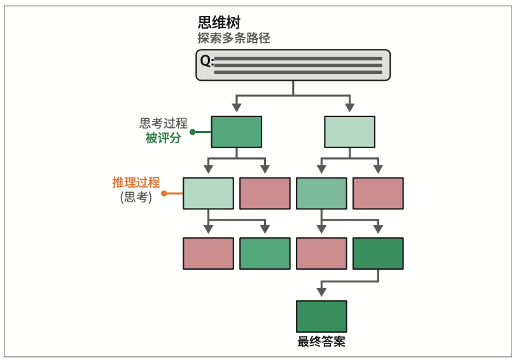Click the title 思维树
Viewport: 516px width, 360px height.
pos(220,22)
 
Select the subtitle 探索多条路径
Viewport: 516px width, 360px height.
pos(234,38)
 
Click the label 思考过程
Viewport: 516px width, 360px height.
pos(164,123)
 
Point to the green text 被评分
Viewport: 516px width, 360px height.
pos(163,138)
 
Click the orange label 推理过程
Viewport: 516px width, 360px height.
pos(136,183)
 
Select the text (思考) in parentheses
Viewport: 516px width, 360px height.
pos(136,197)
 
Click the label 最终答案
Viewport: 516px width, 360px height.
pos(321,342)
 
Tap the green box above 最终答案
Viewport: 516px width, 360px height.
pos(321,316)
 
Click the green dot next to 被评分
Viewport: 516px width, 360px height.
pos(192,132)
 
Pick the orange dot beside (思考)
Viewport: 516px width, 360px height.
pos(164,193)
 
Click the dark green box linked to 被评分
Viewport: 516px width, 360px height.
pos(236,132)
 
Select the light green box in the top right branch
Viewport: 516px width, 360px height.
pos(349,132)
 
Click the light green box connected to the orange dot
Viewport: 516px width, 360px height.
pos(208,193)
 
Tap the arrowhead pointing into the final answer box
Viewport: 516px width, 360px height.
pos(321,292)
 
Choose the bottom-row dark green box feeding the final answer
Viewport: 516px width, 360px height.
pos(378,253)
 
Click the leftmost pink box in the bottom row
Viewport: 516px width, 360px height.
pos(208,253)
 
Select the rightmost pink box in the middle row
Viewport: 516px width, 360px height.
pos(378,193)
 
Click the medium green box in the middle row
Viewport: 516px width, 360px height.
pos(321,193)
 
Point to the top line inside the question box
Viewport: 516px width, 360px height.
pos(298,58)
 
